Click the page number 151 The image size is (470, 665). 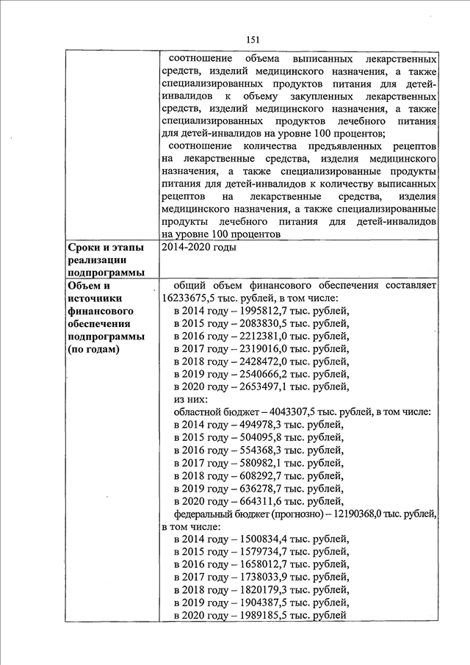point(253,39)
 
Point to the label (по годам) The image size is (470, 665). point(93,349)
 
